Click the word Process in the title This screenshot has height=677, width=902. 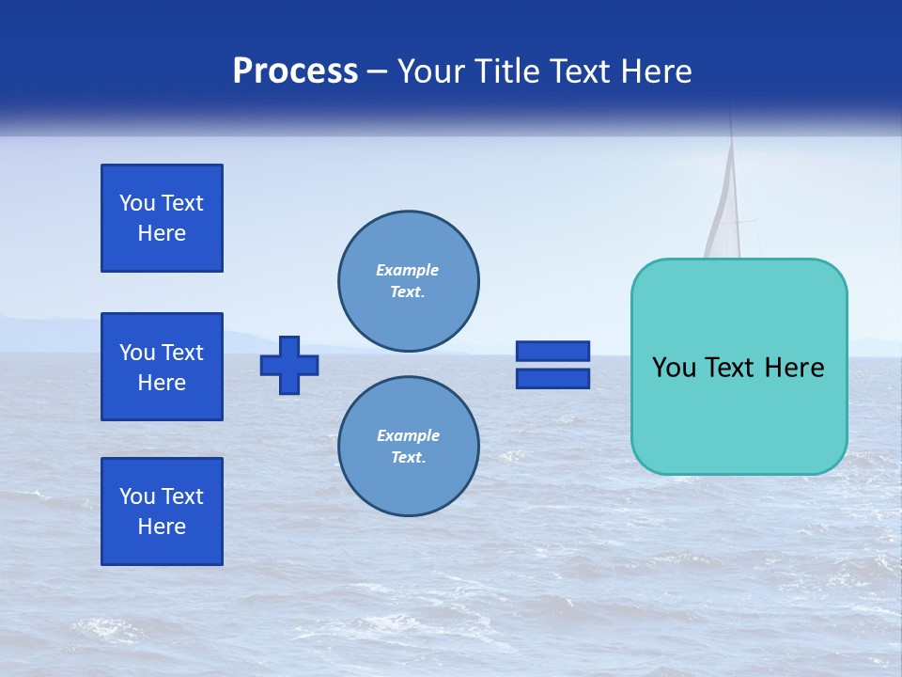coord(295,71)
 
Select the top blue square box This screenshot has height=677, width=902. coord(162,218)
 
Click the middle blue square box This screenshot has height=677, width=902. coord(162,367)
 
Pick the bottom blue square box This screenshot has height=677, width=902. coord(162,512)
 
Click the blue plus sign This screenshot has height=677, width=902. coord(289,365)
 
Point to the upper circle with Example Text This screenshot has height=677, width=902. coord(409,281)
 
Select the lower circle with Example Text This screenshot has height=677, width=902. coord(409,447)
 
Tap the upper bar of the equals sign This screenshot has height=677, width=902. coord(552,351)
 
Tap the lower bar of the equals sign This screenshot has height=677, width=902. coord(552,379)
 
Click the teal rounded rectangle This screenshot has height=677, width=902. coord(739,414)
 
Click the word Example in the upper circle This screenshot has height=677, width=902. coord(407,270)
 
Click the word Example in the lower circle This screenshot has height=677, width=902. coord(408,435)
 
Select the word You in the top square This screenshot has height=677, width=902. coord(136,203)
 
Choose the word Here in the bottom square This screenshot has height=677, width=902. coord(162,527)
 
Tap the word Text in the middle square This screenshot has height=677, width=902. coord(181,353)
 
